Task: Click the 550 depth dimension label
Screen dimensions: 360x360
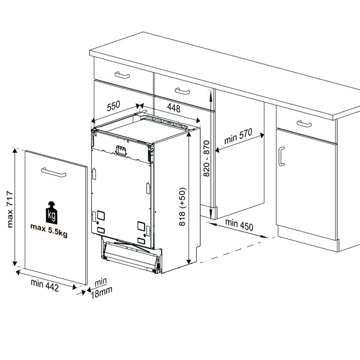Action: [113, 106]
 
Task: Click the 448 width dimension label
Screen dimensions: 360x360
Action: [173, 108]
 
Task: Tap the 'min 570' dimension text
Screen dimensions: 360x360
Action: [238, 136]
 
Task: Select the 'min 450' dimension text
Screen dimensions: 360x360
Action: [239, 225]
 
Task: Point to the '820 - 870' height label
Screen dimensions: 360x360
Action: [206, 158]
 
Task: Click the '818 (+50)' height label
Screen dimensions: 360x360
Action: [182, 206]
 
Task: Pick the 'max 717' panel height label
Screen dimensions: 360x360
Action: [10, 209]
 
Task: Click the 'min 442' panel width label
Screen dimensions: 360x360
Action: [45, 285]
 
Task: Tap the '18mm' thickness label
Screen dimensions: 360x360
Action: [101, 293]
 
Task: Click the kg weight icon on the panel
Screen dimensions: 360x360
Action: [52, 212]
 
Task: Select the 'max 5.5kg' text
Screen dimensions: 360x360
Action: [49, 230]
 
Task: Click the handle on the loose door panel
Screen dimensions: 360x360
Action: [54, 172]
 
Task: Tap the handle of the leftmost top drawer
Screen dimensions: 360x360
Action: [122, 75]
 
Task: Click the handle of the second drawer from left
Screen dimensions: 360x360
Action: [182, 91]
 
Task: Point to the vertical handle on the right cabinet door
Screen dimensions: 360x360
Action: [281, 157]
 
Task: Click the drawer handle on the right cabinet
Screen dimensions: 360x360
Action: [304, 124]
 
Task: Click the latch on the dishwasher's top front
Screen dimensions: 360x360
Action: [121, 151]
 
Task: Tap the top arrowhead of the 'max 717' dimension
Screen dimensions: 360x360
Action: [14, 151]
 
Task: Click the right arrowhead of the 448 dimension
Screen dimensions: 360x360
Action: [198, 121]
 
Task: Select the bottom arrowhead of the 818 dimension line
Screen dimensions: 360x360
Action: [189, 262]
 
